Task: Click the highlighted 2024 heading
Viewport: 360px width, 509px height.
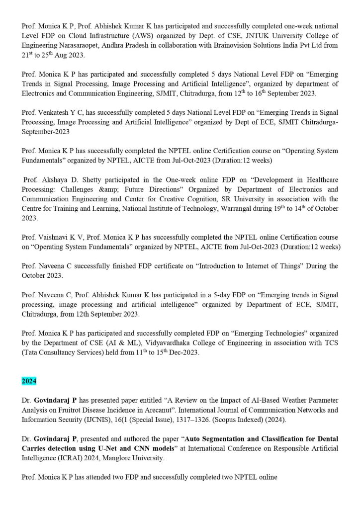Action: (29, 380)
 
